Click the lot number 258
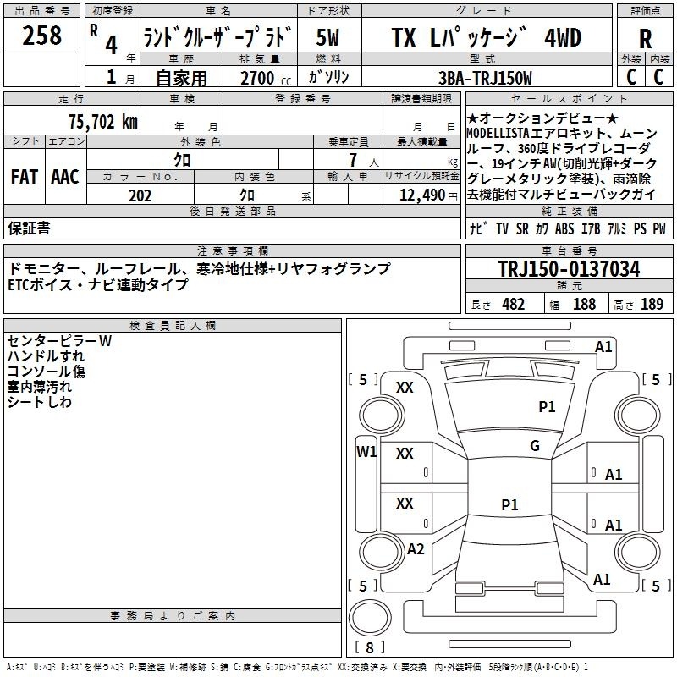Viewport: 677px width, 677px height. pyautogui.click(x=41, y=36)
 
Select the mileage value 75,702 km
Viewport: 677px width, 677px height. pyautogui.click(x=103, y=122)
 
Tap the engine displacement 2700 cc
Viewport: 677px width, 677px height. pyautogui.click(x=266, y=78)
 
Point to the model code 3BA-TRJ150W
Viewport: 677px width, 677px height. pyautogui.click(x=485, y=78)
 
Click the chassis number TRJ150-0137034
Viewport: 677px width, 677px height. pyautogui.click(x=569, y=268)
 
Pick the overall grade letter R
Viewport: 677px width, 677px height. pyautogui.click(x=645, y=39)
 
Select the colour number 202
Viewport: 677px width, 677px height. pyautogui.click(x=140, y=195)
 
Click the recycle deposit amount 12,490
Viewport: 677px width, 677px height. pyautogui.click(x=421, y=195)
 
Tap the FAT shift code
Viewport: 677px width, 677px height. pyautogui.click(x=25, y=177)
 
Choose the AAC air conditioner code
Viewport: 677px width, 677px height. pyautogui.click(x=65, y=177)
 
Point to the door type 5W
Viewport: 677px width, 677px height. pyautogui.click(x=327, y=37)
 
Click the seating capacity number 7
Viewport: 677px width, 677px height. pyautogui.click(x=353, y=160)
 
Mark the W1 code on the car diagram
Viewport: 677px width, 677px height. pyautogui.click(x=366, y=452)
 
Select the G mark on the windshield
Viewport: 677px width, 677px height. pyautogui.click(x=535, y=446)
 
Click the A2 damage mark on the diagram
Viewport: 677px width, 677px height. pyautogui.click(x=416, y=549)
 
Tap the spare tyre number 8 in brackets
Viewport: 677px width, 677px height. pyautogui.click(x=370, y=647)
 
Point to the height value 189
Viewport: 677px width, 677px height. pyautogui.click(x=652, y=305)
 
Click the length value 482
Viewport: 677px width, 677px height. pyautogui.click(x=514, y=305)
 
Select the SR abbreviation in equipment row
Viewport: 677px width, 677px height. pyautogui.click(x=522, y=228)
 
